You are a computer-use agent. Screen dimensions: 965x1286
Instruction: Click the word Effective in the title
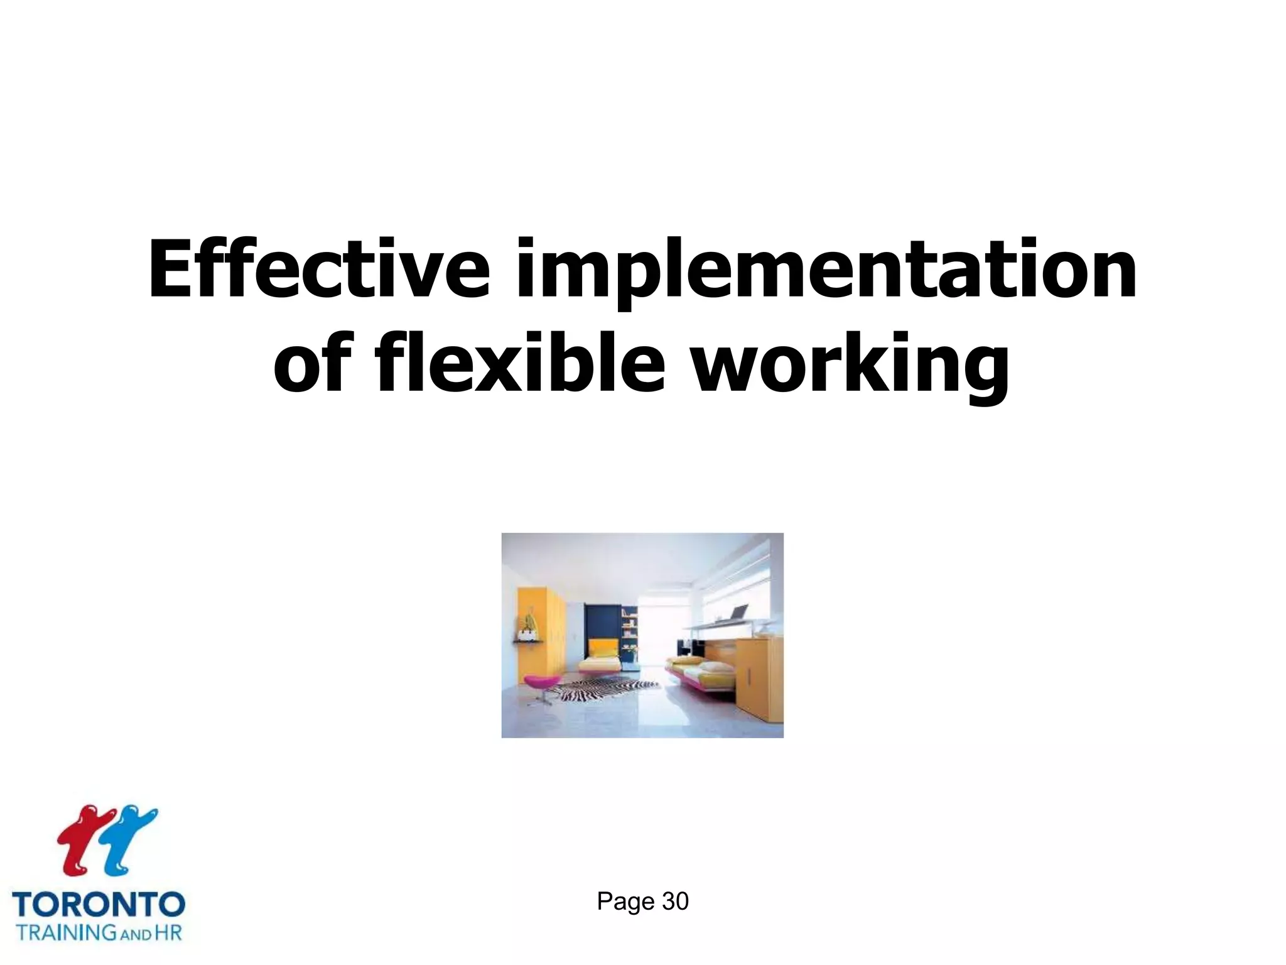tap(318, 269)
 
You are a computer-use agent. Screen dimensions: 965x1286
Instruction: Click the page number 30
tap(675, 902)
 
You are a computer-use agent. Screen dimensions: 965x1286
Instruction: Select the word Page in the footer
tap(625, 902)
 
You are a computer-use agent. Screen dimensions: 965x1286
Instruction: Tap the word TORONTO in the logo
tap(99, 905)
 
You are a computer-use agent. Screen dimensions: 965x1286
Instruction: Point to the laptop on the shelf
tap(738, 612)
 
